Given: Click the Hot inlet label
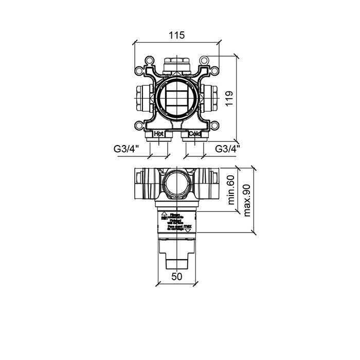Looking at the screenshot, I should (x=160, y=134).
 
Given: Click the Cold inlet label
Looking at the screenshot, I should (x=194, y=134).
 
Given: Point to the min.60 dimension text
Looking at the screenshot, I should (x=231, y=190).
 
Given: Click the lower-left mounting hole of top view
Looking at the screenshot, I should (x=139, y=125).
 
